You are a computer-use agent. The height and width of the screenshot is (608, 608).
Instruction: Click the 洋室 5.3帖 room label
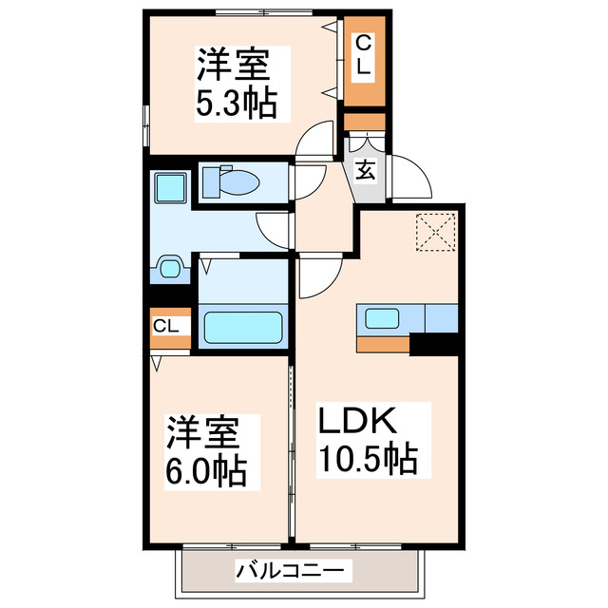[237, 83]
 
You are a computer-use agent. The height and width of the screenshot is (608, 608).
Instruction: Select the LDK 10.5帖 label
[366, 440]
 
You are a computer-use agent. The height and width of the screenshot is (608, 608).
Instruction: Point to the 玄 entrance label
[366, 171]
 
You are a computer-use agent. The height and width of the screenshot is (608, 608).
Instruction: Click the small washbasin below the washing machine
[171, 269]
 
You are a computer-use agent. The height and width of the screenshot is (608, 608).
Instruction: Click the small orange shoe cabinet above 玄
[365, 122]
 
